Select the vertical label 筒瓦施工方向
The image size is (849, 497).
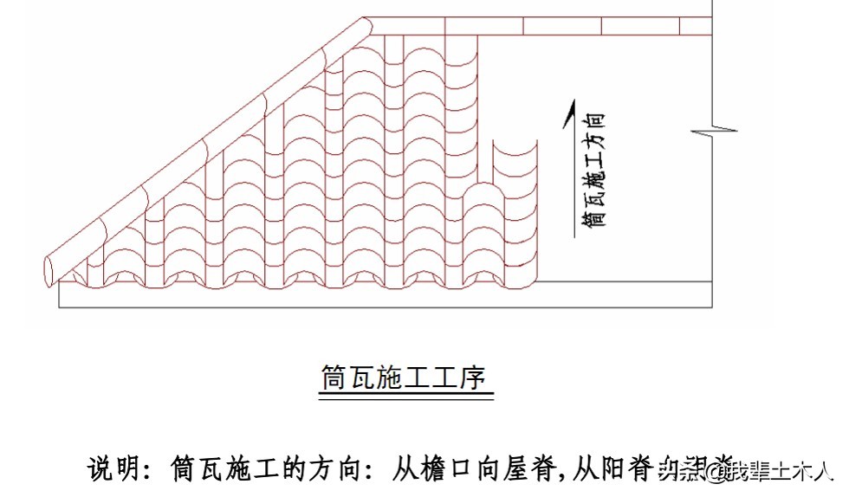click(593, 168)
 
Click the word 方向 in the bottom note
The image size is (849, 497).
click(336, 470)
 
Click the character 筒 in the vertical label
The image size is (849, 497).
click(593, 216)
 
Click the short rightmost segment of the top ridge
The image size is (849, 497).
click(696, 26)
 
